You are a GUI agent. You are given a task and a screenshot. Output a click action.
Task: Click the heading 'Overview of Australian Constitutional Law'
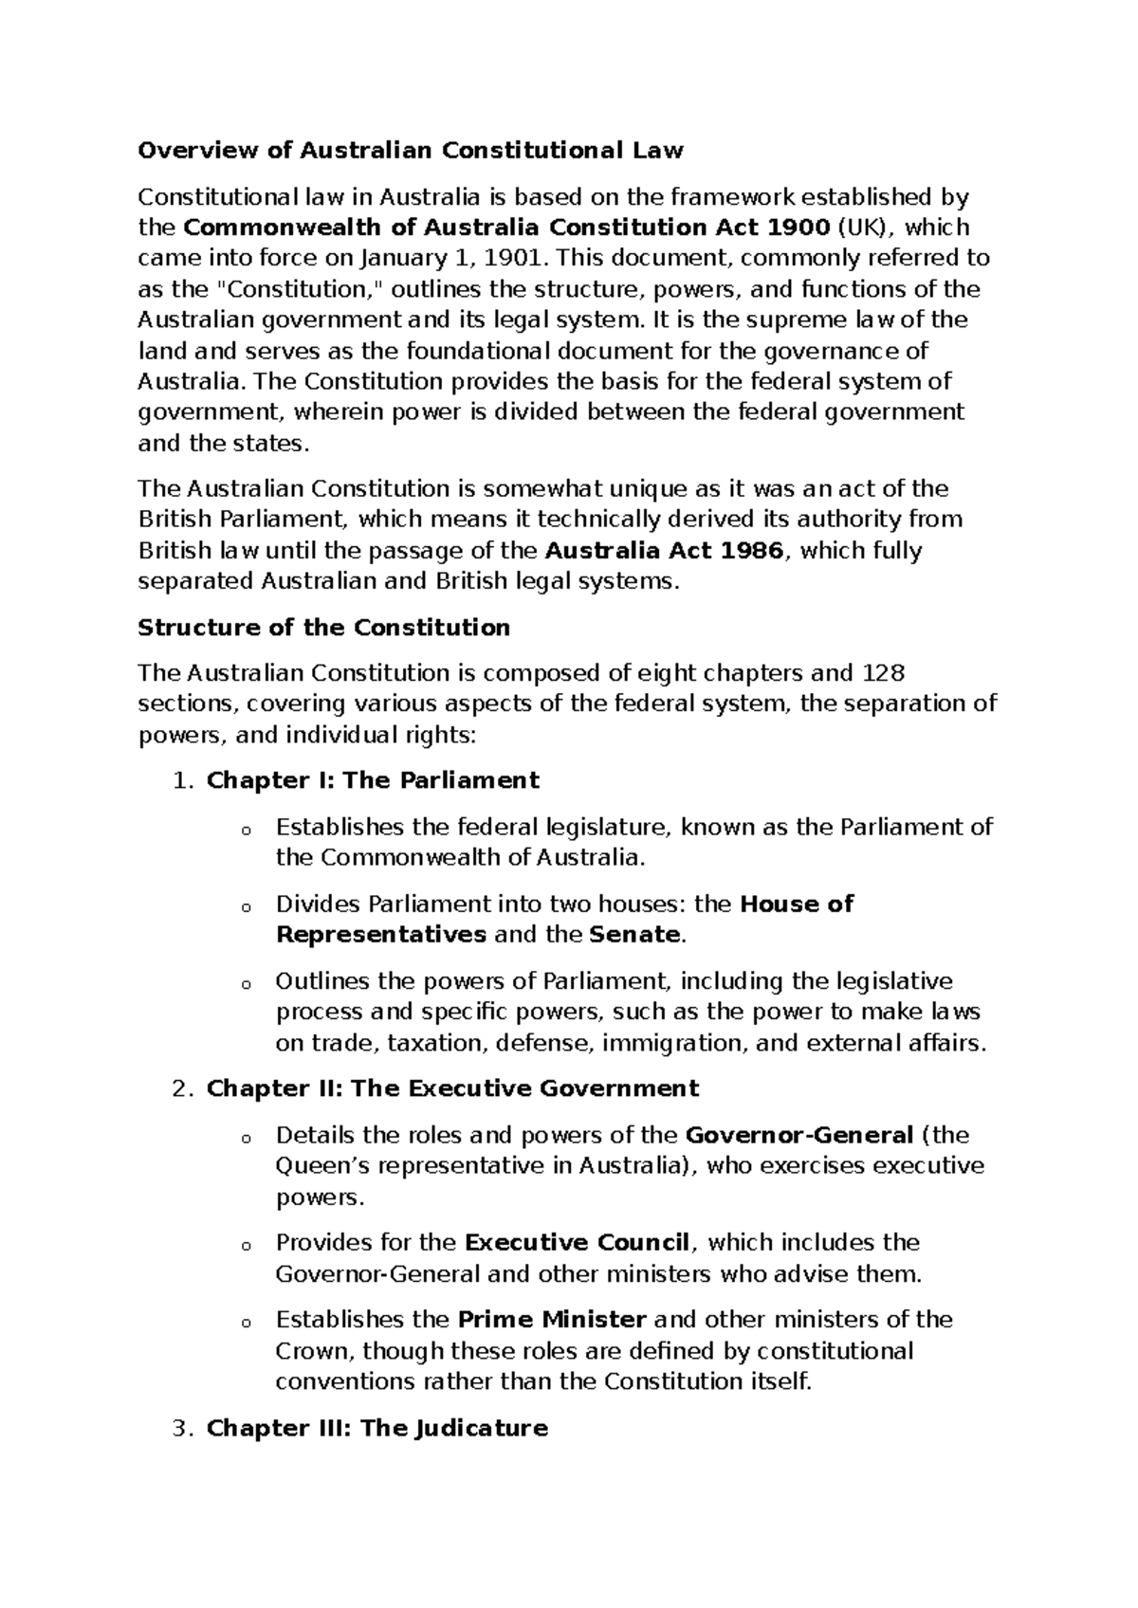pos(410,151)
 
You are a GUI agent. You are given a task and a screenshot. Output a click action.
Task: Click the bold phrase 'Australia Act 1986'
pos(668,551)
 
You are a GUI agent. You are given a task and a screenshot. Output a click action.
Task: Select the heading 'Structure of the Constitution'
pos(323,628)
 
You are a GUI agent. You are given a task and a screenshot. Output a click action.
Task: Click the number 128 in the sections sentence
pos(883,673)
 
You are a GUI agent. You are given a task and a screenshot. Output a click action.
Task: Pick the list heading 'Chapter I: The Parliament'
pos(373,780)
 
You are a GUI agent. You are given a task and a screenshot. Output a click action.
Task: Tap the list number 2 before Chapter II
pos(183,1088)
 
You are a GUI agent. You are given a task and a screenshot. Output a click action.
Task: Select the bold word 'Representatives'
pos(380,935)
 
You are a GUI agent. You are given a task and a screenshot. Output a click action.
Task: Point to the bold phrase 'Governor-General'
pos(798,1135)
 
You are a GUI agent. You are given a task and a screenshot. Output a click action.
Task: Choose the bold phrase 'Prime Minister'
pos(552,1320)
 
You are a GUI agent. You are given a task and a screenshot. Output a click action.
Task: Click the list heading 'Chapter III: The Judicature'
pos(376,1428)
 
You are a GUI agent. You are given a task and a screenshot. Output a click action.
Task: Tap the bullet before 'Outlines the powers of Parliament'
pos(246,984)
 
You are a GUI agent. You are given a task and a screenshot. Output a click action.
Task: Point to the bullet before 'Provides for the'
pos(246,1246)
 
